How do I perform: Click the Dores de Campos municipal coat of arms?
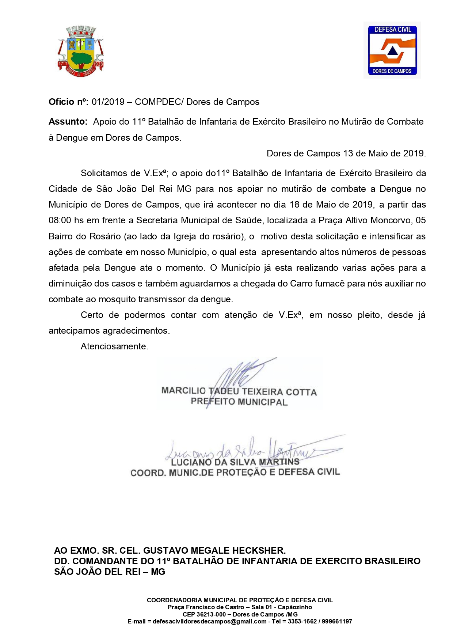(80, 51)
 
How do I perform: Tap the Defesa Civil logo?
(392, 50)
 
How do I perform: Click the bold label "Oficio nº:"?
(69, 102)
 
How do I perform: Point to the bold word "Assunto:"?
(68, 122)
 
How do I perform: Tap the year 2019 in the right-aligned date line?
(414, 153)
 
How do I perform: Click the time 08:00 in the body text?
(60, 220)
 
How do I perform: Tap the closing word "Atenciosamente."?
(114, 346)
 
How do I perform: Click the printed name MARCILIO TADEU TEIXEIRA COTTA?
(239, 391)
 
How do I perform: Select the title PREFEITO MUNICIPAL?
(239, 402)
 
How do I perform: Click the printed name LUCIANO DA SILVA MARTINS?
(235, 462)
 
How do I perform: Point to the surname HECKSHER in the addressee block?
(259, 550)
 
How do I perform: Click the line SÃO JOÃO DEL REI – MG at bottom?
(110, 572)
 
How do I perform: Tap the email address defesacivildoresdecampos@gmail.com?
(209, 621)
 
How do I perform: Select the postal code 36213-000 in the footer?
(212, 614)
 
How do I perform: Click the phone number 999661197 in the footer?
(337, 621)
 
